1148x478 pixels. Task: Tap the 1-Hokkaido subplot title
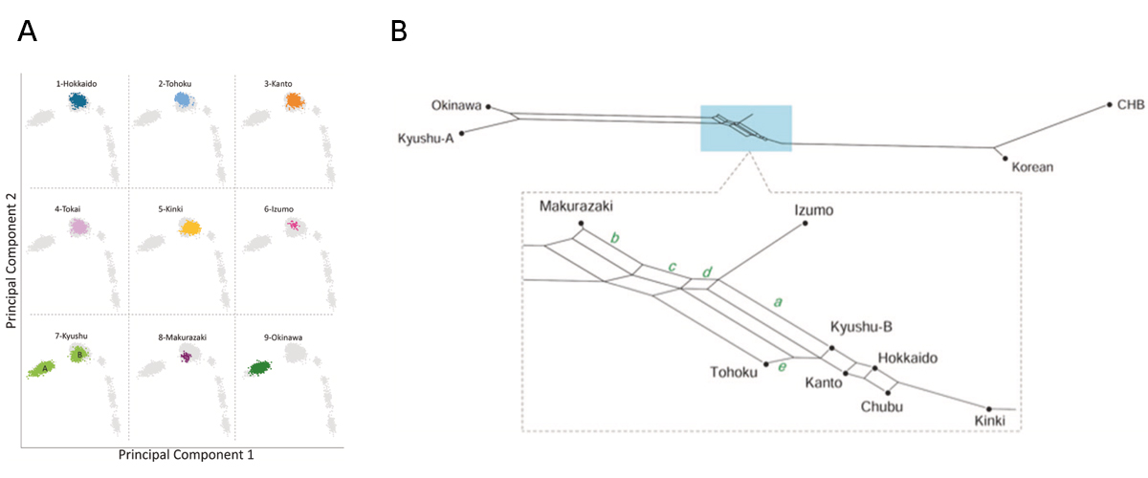pos(77,83)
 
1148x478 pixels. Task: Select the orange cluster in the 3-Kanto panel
pos(295,100)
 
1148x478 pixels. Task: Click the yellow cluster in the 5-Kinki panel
pos(190,228)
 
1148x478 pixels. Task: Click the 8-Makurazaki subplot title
pos(182,337)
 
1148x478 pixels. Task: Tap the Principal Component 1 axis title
pos(186,456)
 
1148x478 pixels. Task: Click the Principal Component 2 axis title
pos(12,258)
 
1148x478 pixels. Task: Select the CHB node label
pos(1130,104)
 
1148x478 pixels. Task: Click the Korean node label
pos(1031,167)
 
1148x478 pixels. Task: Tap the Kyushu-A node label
pos(426,139)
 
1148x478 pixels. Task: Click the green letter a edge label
pos(778,302)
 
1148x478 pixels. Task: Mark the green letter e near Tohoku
pos(782,366)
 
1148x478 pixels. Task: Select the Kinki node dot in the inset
pos(989,408)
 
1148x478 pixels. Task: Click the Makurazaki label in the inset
pos(575,206)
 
